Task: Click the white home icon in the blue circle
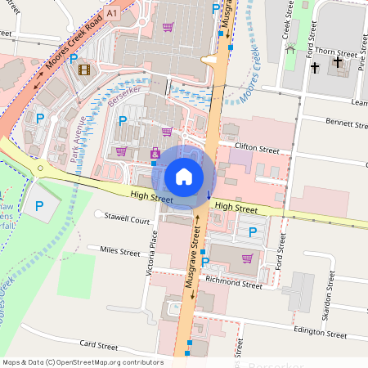coord(184,176)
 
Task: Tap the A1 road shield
coord(111,14)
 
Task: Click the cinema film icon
coord(83,69)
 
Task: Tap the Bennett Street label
coord(348,124)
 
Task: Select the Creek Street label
coord(286,19)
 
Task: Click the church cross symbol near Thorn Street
coord(314,62)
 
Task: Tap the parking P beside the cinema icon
coord(73,59)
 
